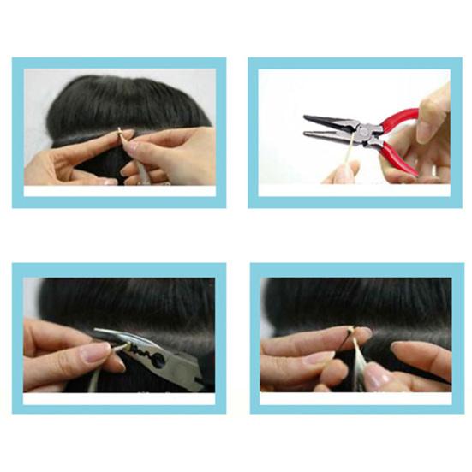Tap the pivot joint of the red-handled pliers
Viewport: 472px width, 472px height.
click(367, 134)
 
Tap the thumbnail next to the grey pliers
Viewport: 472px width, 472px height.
click(95, 351)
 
